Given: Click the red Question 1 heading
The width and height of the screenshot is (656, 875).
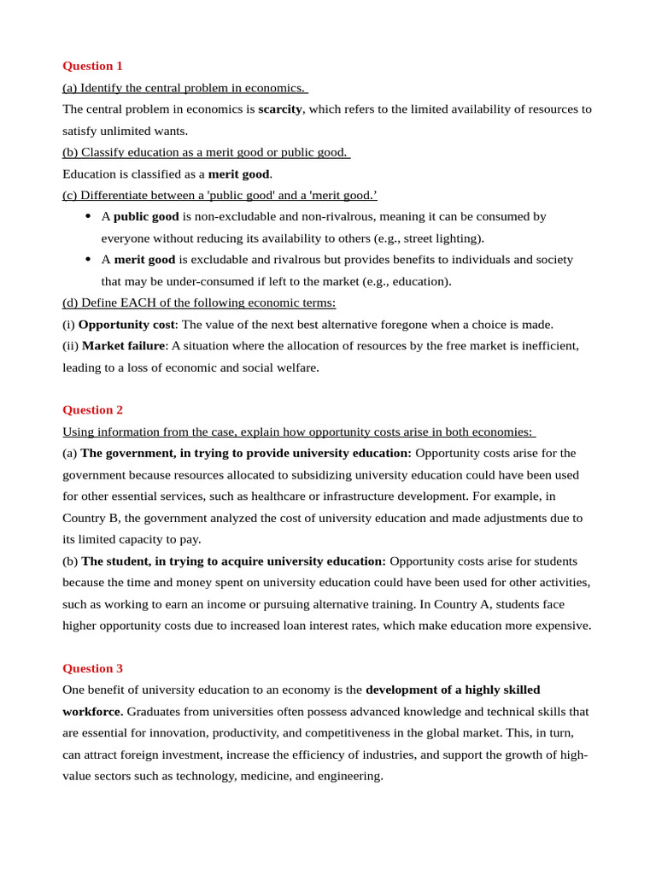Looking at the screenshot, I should [x=92, y=66].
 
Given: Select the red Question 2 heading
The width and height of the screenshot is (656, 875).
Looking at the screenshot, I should [x=92, y=409].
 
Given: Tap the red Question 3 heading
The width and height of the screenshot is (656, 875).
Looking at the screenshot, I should [x=92, y=668].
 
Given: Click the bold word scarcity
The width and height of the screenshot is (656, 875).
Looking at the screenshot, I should [x=280, y=109].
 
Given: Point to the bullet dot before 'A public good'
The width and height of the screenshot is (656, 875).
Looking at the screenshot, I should [x=88, y=216].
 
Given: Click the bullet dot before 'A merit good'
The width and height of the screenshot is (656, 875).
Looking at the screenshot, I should [x=88, y=259].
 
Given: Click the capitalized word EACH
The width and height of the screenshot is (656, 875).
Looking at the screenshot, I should [x=138, y=302].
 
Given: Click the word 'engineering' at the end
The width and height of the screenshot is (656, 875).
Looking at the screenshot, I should [x=348, y=776].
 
